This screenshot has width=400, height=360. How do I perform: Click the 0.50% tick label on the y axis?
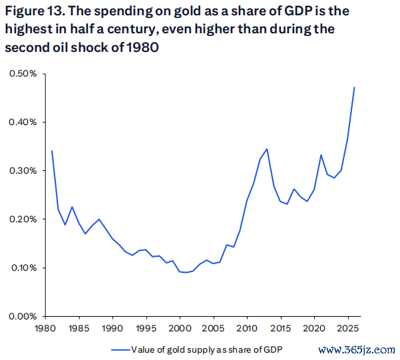click(x=23, y=73)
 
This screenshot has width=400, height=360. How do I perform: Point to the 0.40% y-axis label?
click(x=23, y=122)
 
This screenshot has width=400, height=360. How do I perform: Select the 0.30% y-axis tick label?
click(x=23, y=170)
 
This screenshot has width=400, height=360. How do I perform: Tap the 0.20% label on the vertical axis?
click(x=23, y=219)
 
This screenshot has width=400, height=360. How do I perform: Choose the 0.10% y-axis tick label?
click(x=23, y=268)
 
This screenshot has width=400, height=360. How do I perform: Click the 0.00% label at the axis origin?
click(x=23, y=316)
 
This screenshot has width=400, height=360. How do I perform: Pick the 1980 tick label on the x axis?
click(x=45, y=328)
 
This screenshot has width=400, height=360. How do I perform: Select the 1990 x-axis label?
click(x=112, y=328)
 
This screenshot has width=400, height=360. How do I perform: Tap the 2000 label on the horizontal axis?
click(x=180, y=328)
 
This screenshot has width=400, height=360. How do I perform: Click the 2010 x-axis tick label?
click(x=246, y=328)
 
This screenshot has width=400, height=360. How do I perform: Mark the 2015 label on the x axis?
click(x=280, y=328)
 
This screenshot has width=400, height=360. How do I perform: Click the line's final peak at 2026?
click(x=354, y=87)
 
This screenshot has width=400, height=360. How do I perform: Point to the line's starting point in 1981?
click(x=52, y=151)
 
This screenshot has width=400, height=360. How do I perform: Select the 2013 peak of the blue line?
click(x=267, y=149)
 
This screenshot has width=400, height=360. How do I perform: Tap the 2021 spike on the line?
click(x=321, y=155)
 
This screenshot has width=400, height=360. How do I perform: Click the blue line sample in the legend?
click(x=120, y=349)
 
